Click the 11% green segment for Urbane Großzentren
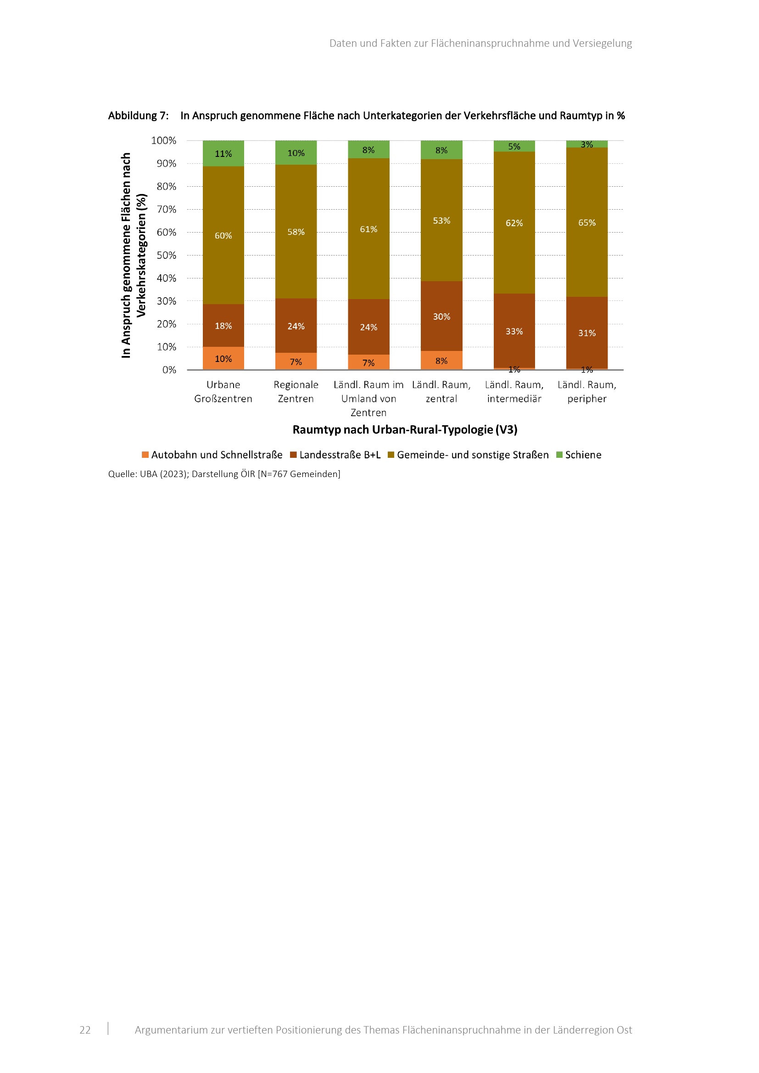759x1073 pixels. (x=223, y=153)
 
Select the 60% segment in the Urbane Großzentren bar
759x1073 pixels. (x=223, y=235)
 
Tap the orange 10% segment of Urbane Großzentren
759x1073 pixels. (x=223, y=358)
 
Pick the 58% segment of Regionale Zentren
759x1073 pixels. (x=296, y=231)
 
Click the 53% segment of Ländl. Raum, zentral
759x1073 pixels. (x=441, y=220)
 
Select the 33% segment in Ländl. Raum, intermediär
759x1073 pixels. (x=514, y=331)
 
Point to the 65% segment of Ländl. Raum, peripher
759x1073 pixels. (x=586, y=222)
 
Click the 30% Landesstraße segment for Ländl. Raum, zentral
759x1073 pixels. (x=441, y=317)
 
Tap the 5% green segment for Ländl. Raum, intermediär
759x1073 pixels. (x=514, y=146)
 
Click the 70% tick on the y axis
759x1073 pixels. (x=167, y=209)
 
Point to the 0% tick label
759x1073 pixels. (x=169, y=370)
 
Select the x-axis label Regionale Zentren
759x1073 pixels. (x=296, y=392)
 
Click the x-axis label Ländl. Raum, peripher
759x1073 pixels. (x=586, y=392)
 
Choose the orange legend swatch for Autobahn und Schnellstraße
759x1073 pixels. (x=145, y=455)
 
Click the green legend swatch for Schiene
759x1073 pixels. (x=559, y=455)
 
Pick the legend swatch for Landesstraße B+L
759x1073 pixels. (x=294, y=455)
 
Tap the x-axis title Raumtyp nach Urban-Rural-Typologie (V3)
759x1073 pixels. (x=405, y=429)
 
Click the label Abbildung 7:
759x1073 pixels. (x=138, y=116)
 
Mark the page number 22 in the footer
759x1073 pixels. (x=85, y=1030)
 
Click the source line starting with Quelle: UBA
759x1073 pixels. (x=224, y=474)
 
